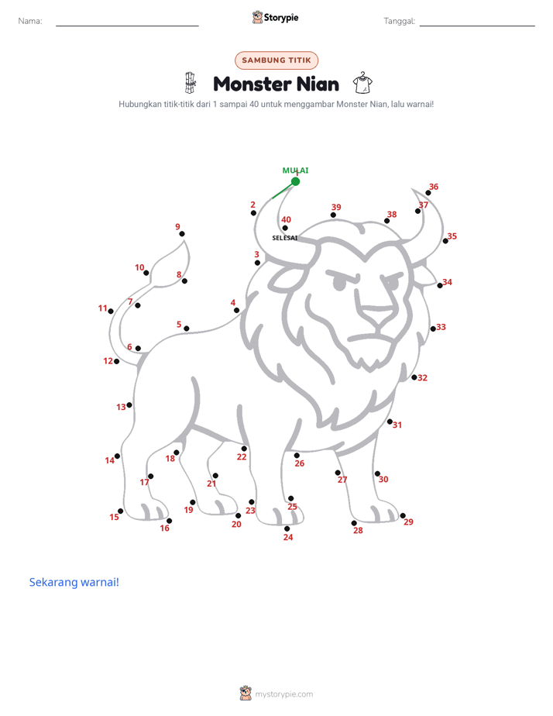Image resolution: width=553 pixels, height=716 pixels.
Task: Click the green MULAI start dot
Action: tap(296, 182)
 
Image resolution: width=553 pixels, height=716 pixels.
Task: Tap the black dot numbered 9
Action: tap(182, 234)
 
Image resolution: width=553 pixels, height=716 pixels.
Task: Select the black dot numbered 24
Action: tap(287, 528)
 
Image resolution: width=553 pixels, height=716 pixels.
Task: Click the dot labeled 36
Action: tap(428, 193)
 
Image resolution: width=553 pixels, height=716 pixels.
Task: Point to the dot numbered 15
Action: tap(121, 511)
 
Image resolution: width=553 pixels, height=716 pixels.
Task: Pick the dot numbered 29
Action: tap(403, 515)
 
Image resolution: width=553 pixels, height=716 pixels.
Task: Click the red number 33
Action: tap(441, 327)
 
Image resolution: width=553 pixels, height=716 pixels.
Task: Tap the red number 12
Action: tap(108, 361)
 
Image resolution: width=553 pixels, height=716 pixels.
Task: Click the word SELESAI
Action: tap(285, 238)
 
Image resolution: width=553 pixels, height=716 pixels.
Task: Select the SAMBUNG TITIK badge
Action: tap(276, 60)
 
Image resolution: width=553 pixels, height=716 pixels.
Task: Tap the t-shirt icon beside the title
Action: tap(362, 83)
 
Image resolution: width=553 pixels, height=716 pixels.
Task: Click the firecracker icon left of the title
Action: tap(191, 83)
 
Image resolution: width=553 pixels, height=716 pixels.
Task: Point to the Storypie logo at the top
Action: tap(275, 17)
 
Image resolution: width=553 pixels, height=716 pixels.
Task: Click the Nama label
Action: tap(30, 21)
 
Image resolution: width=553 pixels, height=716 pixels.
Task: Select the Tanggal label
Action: tap(400, 21)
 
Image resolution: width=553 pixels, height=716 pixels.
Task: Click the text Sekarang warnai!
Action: tap(74, 582)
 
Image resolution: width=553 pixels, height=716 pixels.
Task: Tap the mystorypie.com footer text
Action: tap(283, 694)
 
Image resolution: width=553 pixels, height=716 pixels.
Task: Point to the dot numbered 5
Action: tap(187, 329)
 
